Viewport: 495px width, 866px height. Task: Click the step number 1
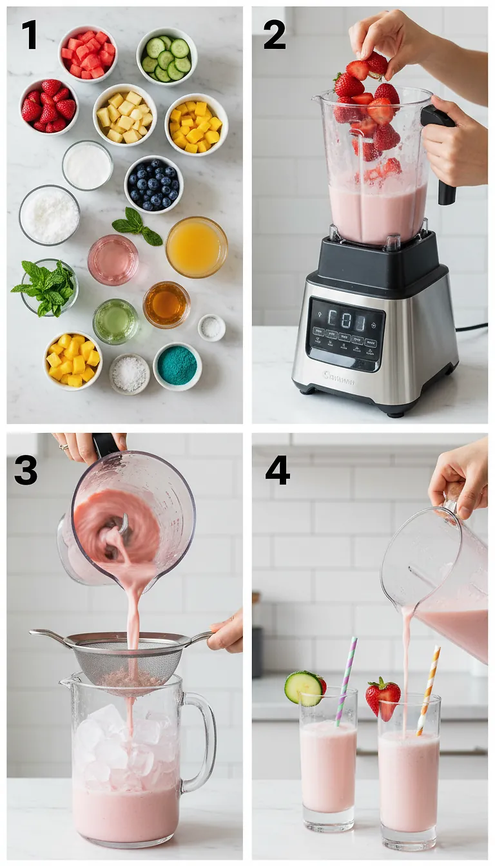point(29,35)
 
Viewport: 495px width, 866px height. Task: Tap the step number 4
point(277,470)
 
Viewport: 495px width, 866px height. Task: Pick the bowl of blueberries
point(153,184)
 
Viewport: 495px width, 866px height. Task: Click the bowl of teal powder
point(177,366)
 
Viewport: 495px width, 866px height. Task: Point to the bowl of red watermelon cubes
point(88,53)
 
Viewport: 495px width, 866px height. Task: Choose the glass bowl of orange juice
point(197,247)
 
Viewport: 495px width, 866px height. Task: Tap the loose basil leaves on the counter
point(137,227)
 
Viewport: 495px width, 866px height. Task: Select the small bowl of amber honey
point(166,304)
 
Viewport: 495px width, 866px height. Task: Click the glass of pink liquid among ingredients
point(113,259)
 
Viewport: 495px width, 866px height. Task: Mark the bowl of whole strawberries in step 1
point(49,106)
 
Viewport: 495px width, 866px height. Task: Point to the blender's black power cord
point(472,328)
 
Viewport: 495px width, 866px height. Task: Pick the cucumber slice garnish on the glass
point(303,688)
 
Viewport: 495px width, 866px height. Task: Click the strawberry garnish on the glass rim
point(383,698)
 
